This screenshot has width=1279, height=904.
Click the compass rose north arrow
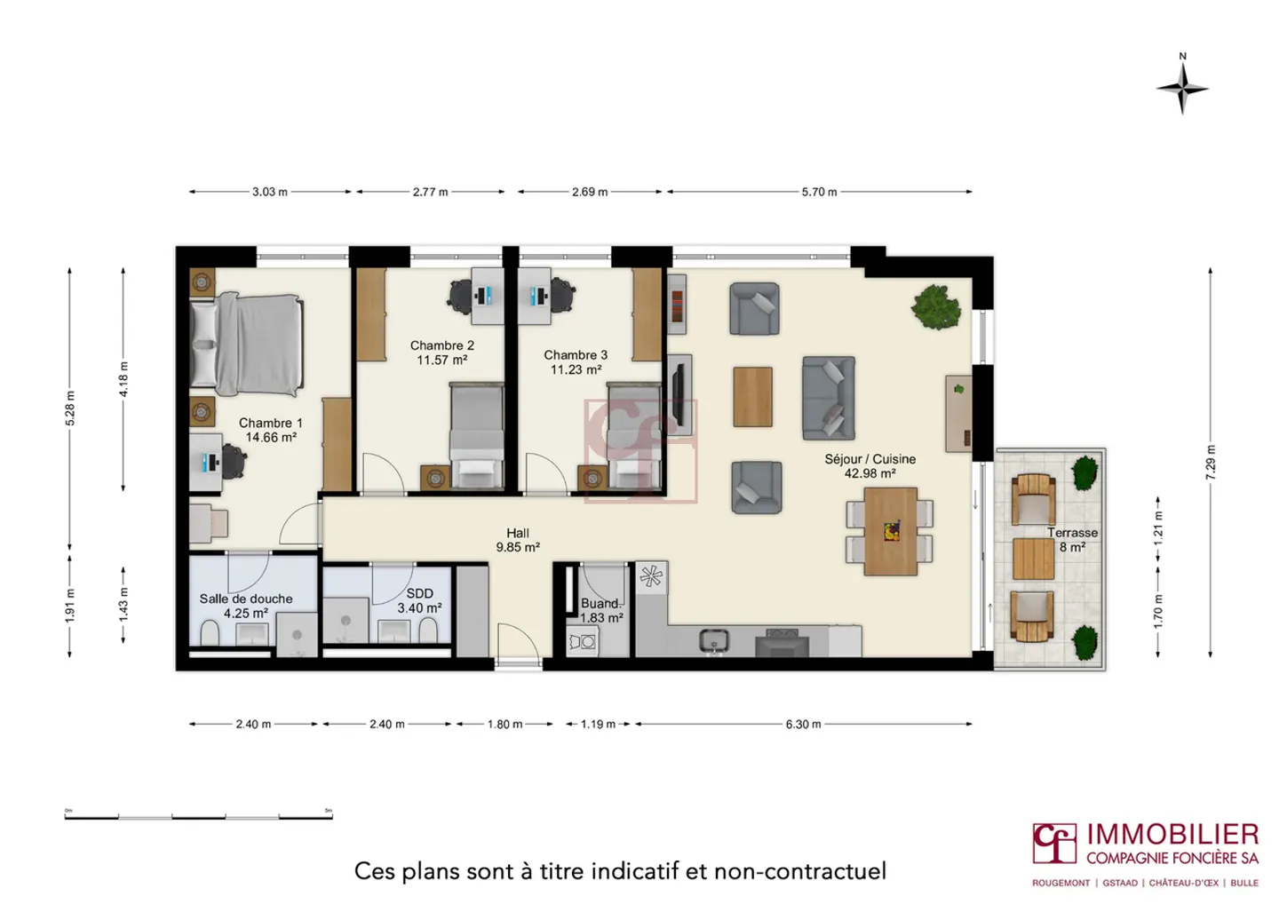pyautogui.click(x=1182, y=86)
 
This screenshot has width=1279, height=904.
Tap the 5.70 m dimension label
pyautogui.click(x=819, y=192)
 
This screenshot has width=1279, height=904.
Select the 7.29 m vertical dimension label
pyautogui.click(x=1210, y=463)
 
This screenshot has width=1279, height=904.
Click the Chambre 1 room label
pyautogui.click(x=270, y=424)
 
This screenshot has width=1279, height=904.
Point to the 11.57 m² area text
pyautogui.click(x=441, y=361)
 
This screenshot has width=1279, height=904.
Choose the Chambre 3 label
pyautogui.click(x=576, y=355)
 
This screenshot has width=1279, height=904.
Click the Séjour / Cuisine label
pyautogui.click(x=870, y=459)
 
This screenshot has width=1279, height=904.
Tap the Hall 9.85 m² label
pyautogui.click(x=518, y=541)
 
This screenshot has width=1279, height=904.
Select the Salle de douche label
pyautogui.click(x=246, y=599)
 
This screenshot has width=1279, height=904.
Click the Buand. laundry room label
pyautogui.click(x=600, y=604)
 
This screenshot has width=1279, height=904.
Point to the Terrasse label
pyautogui.click(x=1072, y=533)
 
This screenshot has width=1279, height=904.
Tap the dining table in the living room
pyautogui.click(x=890, y=531)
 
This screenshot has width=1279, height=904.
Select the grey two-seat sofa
pyautogui.click(x=828, y=398)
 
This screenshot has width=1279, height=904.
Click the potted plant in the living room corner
pyautogui.click(x=935, y=307)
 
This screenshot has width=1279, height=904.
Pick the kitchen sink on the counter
pyautogui.click(x=713, y=639)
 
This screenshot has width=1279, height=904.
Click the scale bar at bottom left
pyautogui.click(x=198, y=815)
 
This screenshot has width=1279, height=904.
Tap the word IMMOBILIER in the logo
pyautogui.click(x=1172, y=835)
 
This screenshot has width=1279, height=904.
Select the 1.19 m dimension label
pyautogui.click(x=598, y=725)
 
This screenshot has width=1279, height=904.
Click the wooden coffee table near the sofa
pyautogui.click(x=752, y=397)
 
